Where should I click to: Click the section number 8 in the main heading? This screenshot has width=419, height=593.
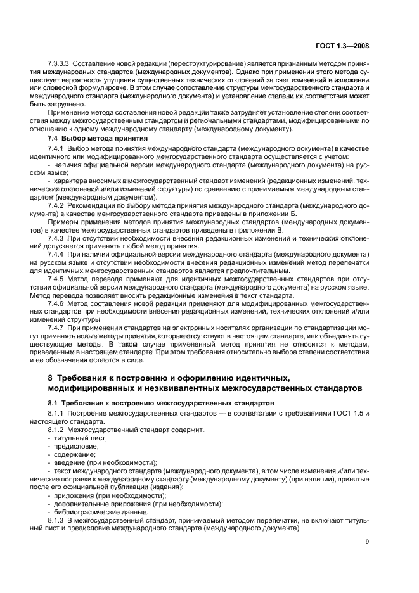click(x=51, y=378)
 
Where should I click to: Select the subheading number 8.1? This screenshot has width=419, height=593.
click(x=54, y=403)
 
